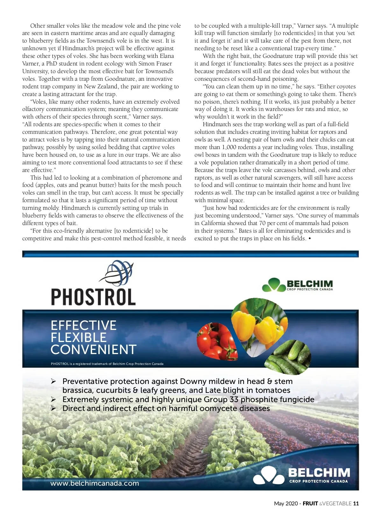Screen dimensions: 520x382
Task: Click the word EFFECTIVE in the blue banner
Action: (x=83, y=325)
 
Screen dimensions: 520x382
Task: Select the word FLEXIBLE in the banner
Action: (x=79, y=338)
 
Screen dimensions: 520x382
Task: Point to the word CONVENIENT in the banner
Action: (x=93, y=350)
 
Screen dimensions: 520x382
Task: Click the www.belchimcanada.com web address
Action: (x=95, y=483)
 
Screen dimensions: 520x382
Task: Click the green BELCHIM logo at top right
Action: (x=297, y=284)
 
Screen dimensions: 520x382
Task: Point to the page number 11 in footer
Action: (x=356, y=503)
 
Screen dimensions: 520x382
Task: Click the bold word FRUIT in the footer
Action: (x=310, y=503)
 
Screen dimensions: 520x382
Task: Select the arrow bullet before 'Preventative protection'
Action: (x=53, y=381)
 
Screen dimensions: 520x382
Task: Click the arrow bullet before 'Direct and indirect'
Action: (x=53, y=408)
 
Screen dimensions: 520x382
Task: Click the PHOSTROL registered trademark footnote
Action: (x=107, y=364)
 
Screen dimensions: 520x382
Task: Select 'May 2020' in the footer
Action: (x=286, y=503)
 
